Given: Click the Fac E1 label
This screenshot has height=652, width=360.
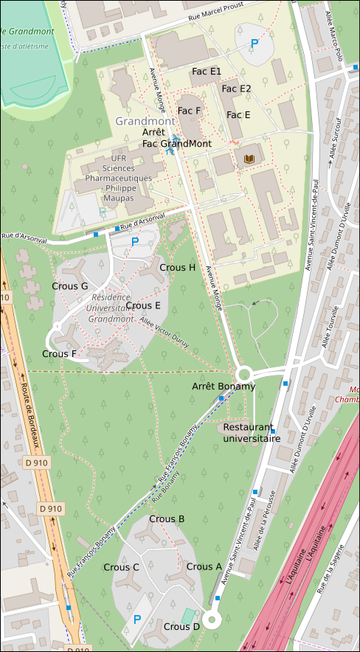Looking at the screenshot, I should click(x=207, y=72).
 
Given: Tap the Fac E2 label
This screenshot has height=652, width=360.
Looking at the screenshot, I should click(x=236, y=89).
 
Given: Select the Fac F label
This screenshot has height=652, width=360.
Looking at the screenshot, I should click(x=189, y=111).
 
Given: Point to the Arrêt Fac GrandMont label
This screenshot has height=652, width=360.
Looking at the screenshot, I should click(x=176, y=138).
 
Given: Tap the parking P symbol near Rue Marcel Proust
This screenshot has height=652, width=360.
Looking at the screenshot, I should click(x=255, y=44).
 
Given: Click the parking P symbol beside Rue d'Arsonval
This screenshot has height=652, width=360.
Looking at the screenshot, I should click(x=134, y=241).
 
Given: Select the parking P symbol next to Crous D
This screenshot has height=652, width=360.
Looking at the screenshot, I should click(x=136, y=620).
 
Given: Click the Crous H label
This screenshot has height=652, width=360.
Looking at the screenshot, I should click(x=177, y=267).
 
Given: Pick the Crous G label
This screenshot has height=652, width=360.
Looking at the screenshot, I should click(x=70, y=285).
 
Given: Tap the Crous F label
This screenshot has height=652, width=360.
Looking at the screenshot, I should click(x=59, y=353).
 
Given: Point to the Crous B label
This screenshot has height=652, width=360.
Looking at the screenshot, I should click(x=167, y=519).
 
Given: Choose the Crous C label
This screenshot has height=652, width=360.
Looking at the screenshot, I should click(x=121, y=567).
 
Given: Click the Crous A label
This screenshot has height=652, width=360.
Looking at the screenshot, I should click(x=204, y=566).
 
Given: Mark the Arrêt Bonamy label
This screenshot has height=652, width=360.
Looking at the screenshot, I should click(x=224, y=386).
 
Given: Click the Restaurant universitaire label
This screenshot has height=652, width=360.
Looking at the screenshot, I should click(x=252, y=432).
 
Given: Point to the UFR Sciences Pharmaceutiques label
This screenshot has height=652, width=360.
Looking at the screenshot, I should click(x=119, y=178).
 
